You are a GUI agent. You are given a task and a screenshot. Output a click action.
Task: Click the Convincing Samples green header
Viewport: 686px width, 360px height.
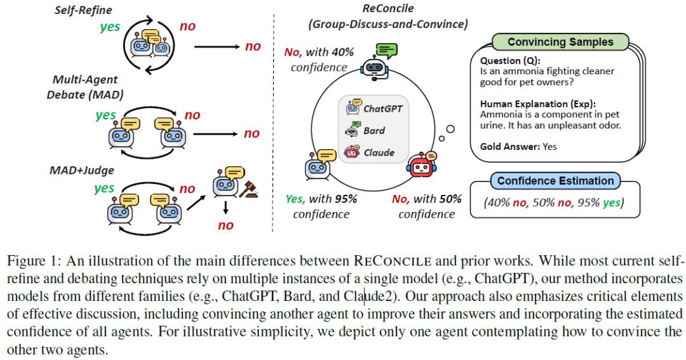[x=560, y=43]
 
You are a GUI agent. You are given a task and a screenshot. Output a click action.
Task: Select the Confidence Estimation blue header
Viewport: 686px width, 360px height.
[x=555, y=181]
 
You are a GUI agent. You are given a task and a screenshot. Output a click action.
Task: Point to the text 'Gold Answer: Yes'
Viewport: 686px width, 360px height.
[x=518, y=146]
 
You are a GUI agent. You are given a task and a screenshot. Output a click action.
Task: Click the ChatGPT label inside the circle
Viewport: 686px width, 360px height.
[x=382, y=109]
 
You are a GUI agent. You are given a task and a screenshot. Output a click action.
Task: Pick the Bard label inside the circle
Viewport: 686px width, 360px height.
[x=374, y=131]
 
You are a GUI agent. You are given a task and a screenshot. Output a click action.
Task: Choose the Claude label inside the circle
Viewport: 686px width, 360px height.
[x=379, y=152]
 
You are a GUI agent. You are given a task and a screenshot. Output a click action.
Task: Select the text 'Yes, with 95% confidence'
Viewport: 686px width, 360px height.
[x=321, y=206]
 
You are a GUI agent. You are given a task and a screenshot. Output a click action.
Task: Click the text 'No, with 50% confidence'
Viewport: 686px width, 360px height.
[x=426, y=206]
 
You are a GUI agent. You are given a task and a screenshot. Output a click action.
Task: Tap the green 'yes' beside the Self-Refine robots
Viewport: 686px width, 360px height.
[x=110, y=27]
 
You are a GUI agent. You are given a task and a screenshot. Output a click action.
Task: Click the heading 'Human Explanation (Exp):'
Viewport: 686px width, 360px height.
[x=532, y=103]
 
